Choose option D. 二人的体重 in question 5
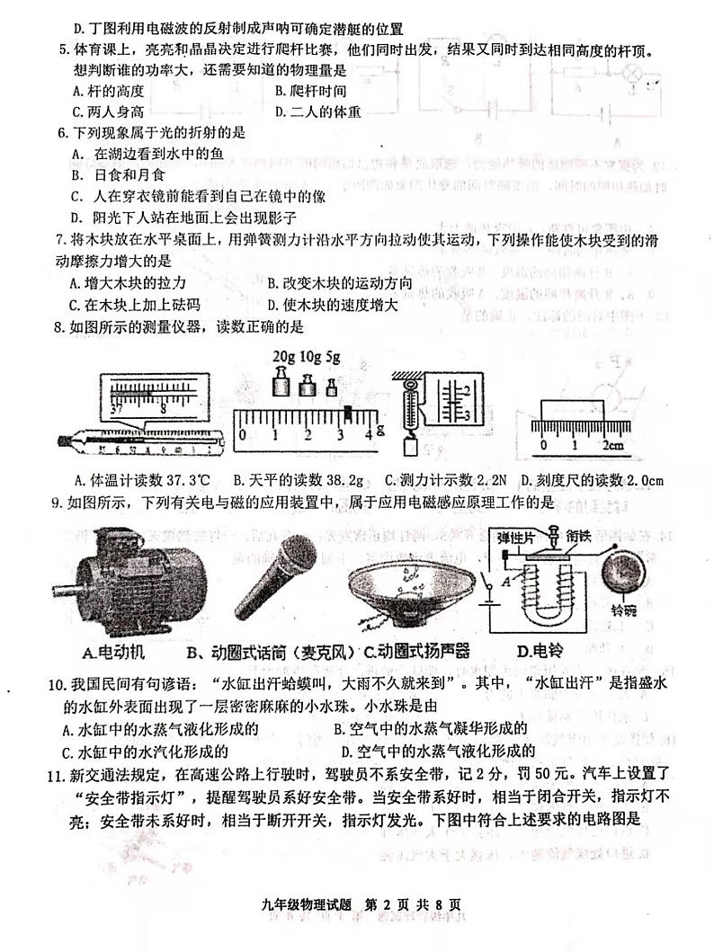(318, 111)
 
